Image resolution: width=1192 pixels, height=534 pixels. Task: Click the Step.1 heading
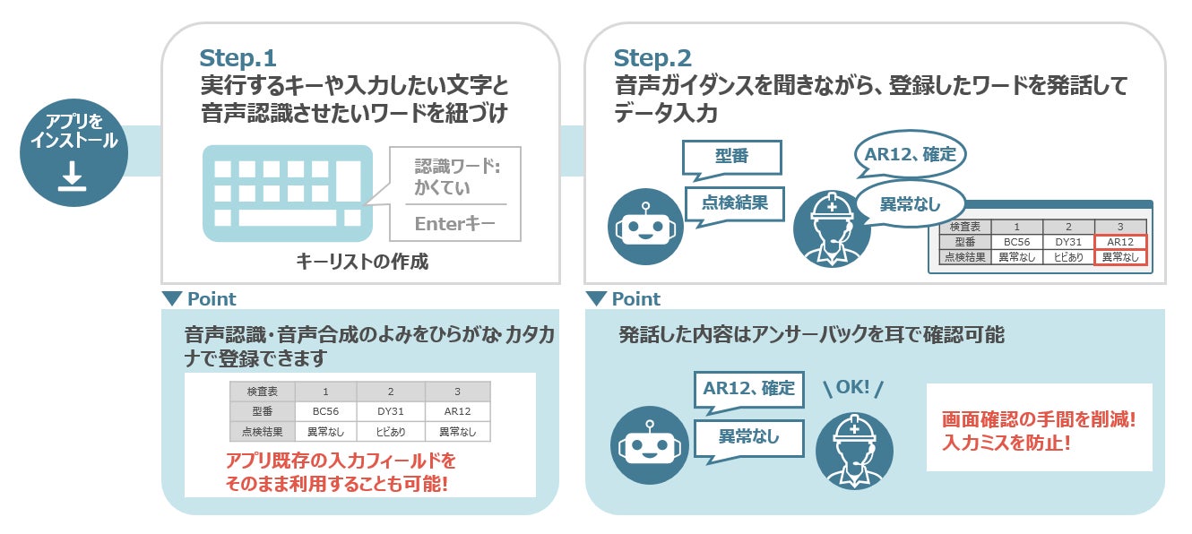coord(238,59)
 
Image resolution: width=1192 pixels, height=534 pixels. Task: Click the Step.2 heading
coord(652,59)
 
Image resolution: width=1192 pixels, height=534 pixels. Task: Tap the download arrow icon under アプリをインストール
coord(73,178)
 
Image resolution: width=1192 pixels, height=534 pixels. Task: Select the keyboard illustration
coord(287,193)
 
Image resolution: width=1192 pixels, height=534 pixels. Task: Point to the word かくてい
coord(443,188)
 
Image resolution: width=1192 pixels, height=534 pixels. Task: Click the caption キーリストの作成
coord(362,262)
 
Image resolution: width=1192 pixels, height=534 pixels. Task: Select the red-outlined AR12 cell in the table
coord(1120,242)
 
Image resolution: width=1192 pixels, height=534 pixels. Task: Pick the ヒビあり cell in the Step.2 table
coord(1068,257)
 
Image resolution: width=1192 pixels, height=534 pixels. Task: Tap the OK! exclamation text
coord(853,388)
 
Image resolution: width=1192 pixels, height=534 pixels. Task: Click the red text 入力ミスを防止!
coord(1006,443)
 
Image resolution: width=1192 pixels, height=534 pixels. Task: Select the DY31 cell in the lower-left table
coord(390,411)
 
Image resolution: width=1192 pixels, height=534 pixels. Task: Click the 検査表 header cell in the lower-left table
coord(264,392)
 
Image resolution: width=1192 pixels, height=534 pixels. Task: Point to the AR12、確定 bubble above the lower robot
coord(748,388)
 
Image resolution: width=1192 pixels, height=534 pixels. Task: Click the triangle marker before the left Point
coord(171,298)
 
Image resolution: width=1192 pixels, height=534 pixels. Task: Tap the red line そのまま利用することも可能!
coord(337,485)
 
